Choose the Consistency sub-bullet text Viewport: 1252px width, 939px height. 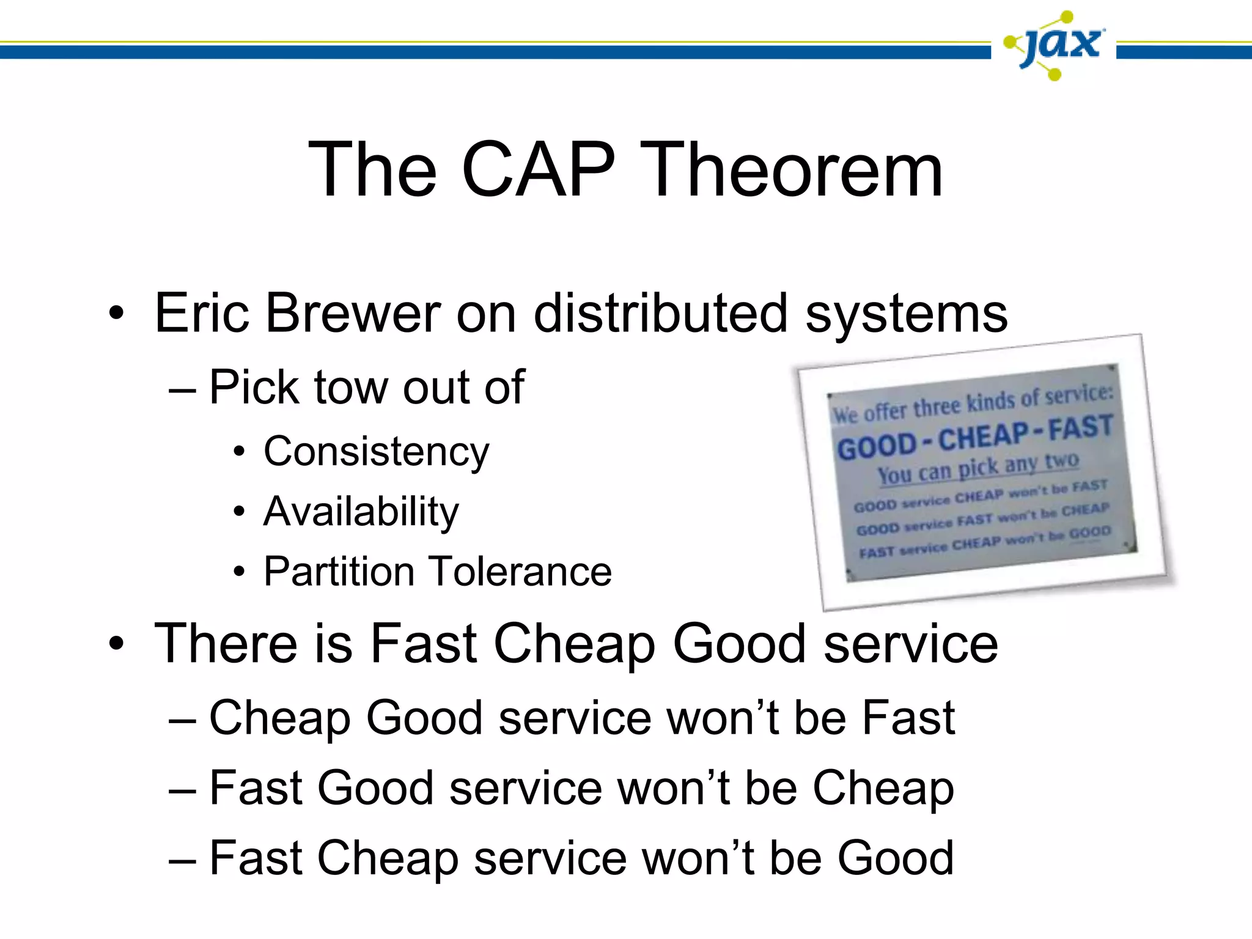pyautogui.click(x=376, y=452)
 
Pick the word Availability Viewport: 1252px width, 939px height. pyautogui.click(x=361, y=511)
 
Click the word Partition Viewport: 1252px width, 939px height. pyautogui.click(x=340, y=571)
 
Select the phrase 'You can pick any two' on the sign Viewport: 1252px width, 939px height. pyautogui.click(x=978, y=468)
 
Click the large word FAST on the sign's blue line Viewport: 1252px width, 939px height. pyautogui.click(x=1080, y=427)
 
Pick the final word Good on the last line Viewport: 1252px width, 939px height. pyautogui.click(x=895, y=858)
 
